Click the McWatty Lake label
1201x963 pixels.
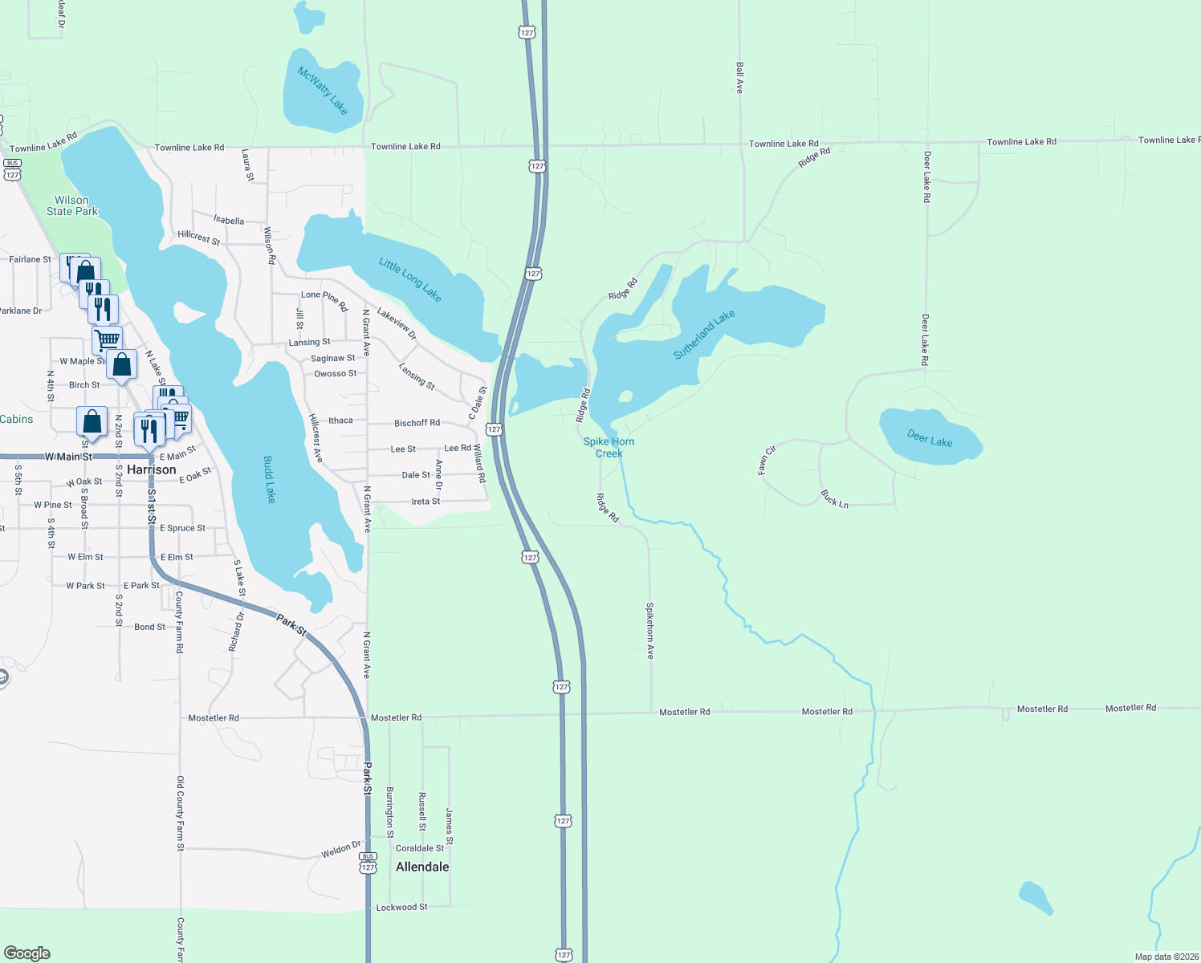[323, 90]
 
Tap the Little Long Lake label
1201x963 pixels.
[410, 279]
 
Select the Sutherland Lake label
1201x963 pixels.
[704, 335]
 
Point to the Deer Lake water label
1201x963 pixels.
[930, 438]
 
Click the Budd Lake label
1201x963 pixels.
[270, 479]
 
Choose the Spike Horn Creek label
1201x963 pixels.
[609, 448]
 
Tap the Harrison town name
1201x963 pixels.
[152, 469]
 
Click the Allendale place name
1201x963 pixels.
[422, 867]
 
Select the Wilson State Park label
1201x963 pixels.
[72, 206]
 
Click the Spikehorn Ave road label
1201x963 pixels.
[650, 631]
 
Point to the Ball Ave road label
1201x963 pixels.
[739, 78]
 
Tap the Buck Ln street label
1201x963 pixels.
[835, 499]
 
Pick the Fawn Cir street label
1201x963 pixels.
[767, 461]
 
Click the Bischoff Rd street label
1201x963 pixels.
[417, 423]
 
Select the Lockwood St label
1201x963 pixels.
[402, 908]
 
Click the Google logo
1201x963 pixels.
[27, 953]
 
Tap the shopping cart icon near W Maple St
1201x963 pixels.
[107, 339]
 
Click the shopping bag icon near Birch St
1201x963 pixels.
[121, 365]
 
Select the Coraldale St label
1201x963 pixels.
[420, 848]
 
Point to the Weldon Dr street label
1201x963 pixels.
[341, 850]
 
